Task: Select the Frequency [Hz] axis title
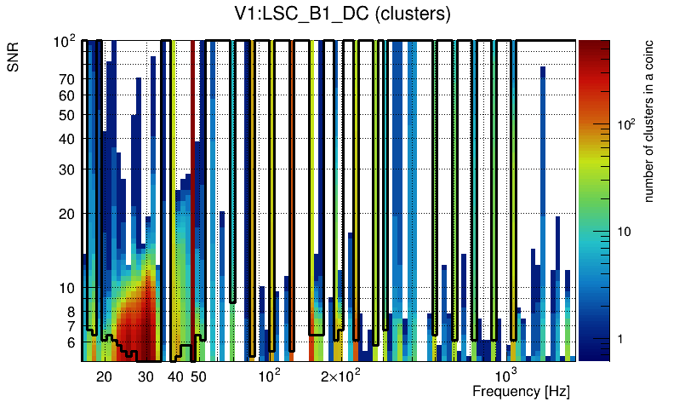click(521, 391)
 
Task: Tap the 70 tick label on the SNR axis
click(66, 79)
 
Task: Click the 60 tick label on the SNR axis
click(66, 95)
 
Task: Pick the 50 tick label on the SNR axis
click(66, 115)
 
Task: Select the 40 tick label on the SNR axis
click(66, 139)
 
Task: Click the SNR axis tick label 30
click(66, 169)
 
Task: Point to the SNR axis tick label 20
click(66, 214)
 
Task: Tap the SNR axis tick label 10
click(66, 289)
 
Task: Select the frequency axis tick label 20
click(104, 376)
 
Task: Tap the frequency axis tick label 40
click(175, 376)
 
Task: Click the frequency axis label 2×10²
click(340, 376)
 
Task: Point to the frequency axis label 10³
click(506, 376)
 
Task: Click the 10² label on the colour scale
click(625, 124)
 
